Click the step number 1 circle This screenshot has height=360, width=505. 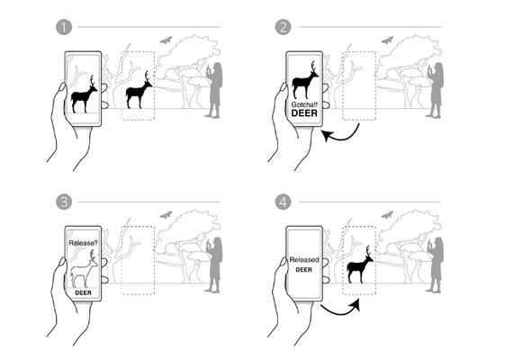(64, 27)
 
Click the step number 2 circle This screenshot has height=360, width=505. (283, 27)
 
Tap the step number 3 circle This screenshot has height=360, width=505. (64, 202)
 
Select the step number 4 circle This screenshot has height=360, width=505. (283, 202)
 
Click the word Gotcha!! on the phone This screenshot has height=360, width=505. (304, 104)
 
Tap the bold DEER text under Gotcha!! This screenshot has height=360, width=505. (304, 113)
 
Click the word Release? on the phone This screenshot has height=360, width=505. (83, 243)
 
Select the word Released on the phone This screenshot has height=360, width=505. (304, 259)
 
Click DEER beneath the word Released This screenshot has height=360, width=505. (303, 269)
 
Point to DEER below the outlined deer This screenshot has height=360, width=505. (83, 292)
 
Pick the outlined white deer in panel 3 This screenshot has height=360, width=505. (84, 270)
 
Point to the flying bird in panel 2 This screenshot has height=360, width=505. (387, 40)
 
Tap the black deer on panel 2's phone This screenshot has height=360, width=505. (304, 80)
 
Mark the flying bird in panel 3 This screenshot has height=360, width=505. (166, 215)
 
